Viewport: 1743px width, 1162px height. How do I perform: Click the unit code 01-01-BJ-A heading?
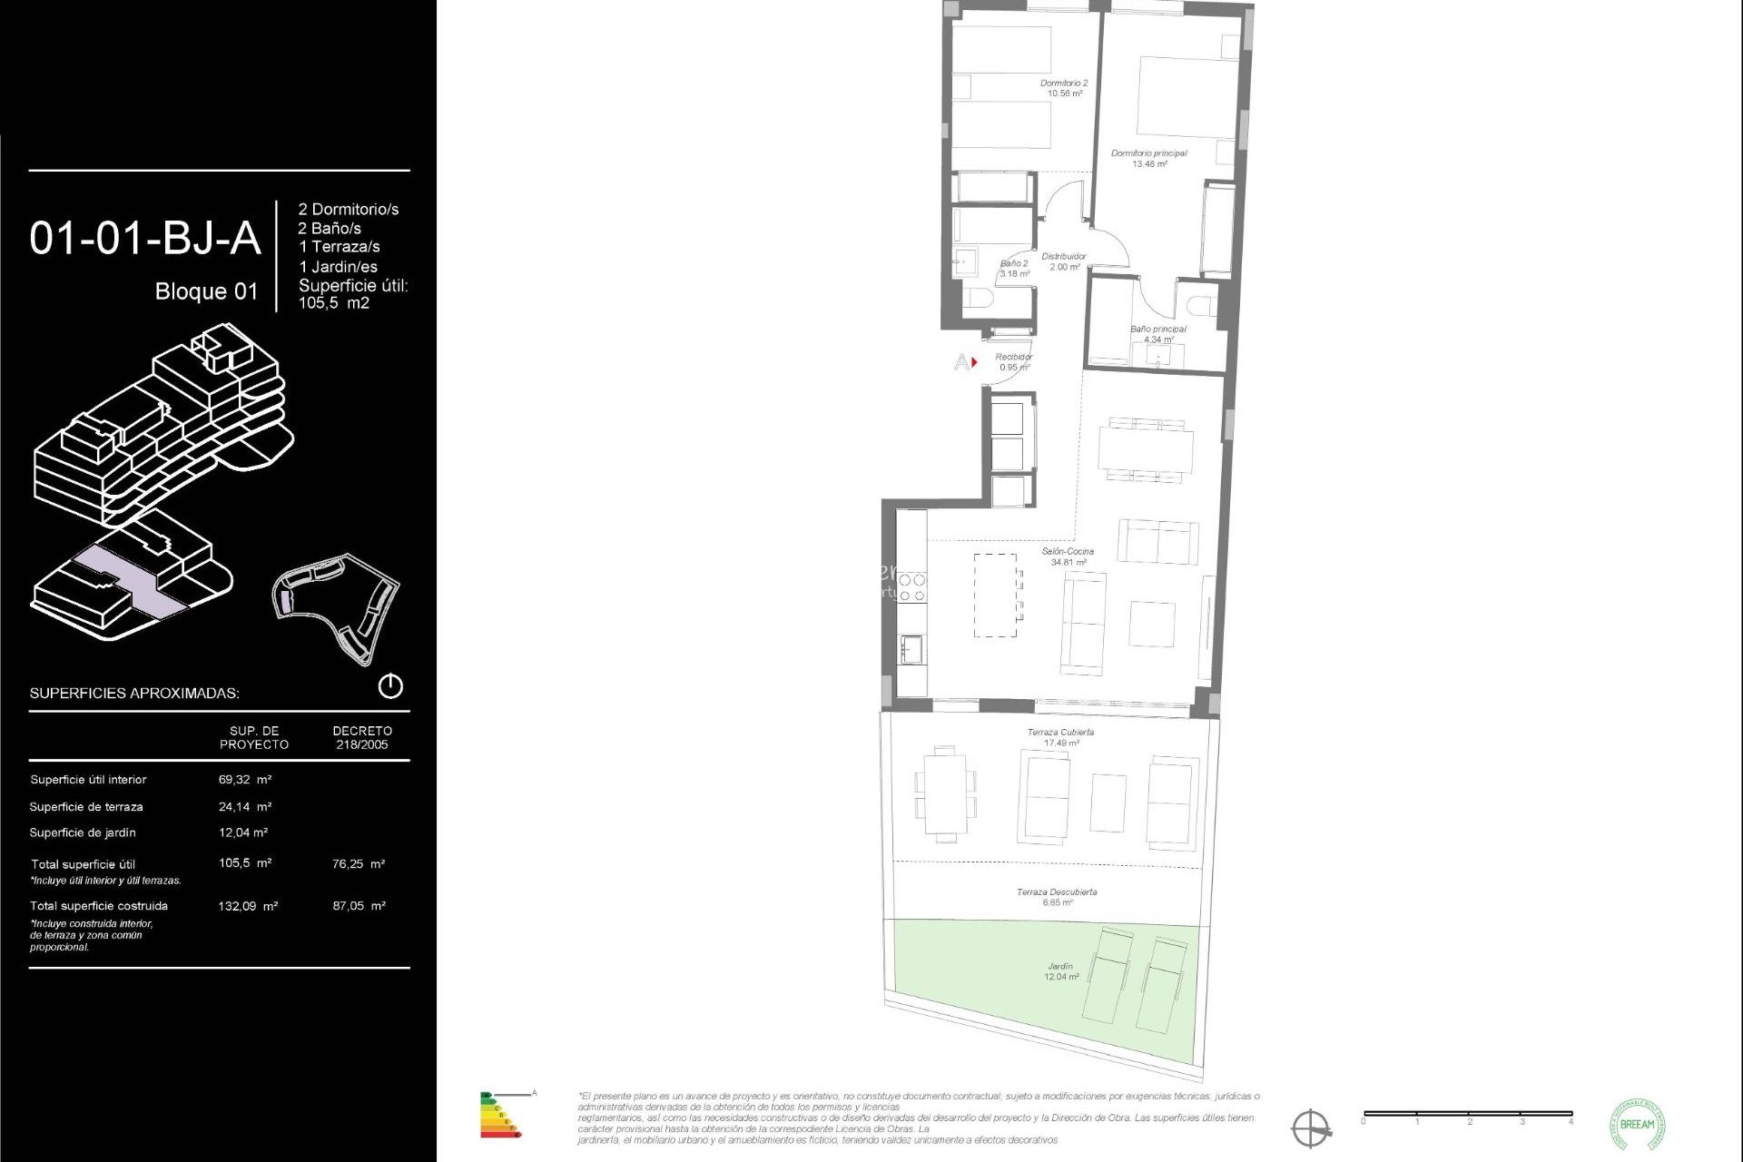pos(145,238)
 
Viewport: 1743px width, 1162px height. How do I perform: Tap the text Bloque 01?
pos(206,291)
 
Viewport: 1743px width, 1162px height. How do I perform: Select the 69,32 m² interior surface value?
pos(244,780)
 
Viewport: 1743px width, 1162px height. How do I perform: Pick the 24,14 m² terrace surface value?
pos(244,807)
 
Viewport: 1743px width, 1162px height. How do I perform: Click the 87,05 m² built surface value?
pos(359,906)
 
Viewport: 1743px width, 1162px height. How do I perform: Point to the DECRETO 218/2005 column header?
pos(362,737)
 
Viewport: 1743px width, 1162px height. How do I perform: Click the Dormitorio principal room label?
pos(1148,158)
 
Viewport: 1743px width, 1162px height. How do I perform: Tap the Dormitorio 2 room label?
pos(1064,88)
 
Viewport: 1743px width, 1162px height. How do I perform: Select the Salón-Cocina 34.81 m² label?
pos(1068,556)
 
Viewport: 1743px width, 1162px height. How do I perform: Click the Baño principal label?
pos(1157,334)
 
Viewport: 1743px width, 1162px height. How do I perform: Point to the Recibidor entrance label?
pos(1013,362)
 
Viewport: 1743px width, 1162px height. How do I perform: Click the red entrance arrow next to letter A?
pos(974,362)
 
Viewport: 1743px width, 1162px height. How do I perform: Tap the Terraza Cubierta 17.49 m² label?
pos(1060,737)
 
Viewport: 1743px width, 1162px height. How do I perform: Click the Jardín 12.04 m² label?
pos(1060,971)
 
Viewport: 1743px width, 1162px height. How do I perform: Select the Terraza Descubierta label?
pos(1057,897)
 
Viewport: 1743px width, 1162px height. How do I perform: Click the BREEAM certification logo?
pos(1637,1124)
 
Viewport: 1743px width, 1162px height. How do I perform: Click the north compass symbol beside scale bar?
pos(1310,1128)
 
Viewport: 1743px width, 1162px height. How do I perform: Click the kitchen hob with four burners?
pos(911,587)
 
